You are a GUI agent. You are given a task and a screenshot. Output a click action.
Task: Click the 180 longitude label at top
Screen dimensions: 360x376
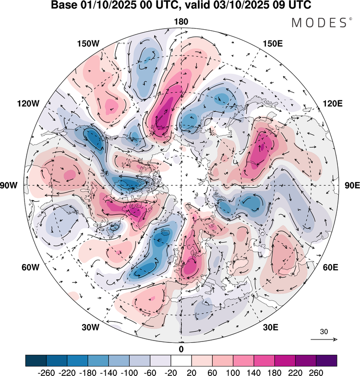181,22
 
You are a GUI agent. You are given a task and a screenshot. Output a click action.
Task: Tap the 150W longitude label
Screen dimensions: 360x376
88,44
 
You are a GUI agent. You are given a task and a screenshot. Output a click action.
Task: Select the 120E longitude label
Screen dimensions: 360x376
333,104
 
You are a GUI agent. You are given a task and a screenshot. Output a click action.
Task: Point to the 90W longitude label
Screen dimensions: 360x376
9,185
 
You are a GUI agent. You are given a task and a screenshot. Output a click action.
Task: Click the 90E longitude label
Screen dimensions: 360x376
352,185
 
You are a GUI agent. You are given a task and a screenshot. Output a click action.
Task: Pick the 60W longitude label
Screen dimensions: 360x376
30,267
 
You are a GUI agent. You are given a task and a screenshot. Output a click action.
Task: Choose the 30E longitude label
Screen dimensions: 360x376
271,327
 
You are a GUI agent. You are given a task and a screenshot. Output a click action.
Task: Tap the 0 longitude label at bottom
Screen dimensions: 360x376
181,349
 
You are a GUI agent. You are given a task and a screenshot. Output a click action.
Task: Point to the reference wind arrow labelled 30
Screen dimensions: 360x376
324,339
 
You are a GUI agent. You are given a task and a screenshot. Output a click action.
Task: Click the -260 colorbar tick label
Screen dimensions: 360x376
46,373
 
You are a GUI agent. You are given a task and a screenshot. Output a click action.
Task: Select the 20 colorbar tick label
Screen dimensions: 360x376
192,373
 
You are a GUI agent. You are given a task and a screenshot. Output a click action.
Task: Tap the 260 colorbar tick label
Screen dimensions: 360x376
316,373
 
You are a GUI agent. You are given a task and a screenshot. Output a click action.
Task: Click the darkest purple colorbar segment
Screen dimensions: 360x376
326,361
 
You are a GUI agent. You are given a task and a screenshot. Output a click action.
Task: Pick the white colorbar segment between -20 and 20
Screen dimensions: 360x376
181,361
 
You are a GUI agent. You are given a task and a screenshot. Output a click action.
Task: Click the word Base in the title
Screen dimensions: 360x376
63,5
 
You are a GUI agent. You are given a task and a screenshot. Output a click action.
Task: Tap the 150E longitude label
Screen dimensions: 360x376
273,44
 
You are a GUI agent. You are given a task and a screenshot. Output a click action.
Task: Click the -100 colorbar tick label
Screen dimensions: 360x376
129,373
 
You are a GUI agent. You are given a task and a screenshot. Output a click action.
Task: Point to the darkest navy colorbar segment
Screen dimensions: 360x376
36,361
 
